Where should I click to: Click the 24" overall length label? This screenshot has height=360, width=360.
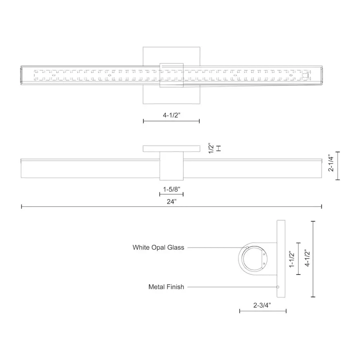[x=172, y=202]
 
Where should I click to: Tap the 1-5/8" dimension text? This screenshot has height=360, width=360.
[x=172, y=190]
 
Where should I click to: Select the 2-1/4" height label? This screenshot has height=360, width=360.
[x=331, y=163]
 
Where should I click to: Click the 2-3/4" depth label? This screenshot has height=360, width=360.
[x=262, y=305]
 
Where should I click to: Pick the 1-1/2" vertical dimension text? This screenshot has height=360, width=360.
[x=292, y=259]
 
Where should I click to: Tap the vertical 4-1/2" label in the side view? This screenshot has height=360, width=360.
[x=308, y=258]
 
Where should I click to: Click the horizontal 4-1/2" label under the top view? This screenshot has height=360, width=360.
[x=172, y=115]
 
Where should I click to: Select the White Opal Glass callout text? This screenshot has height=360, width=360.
[x=158, y=248]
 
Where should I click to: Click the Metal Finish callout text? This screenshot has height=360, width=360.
[x=166, y=287]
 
